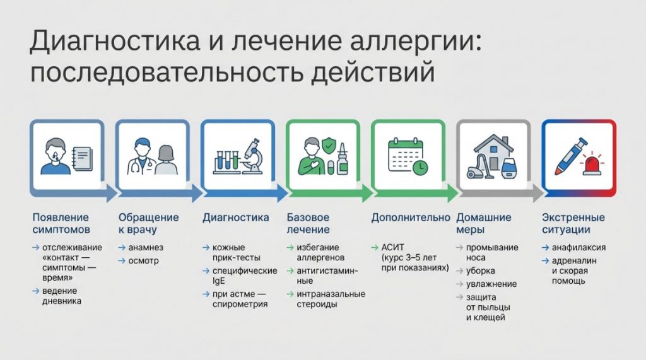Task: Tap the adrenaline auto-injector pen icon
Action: pos(570,156)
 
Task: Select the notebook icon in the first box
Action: pos(83,159)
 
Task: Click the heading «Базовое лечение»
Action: pos(308,223)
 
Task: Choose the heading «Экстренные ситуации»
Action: pos(573,223)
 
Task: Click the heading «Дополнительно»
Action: pos(411,218)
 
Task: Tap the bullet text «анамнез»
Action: pos(146,248)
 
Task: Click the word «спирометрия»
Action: pos(240,305)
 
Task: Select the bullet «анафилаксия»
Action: pos(579,248)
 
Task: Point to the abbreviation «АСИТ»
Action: pos(393,248)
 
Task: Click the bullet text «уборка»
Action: pos(480,271)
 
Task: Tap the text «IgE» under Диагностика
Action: pos(218,281)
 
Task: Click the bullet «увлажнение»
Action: pos(491,284)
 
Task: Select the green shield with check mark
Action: pos(328,146)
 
